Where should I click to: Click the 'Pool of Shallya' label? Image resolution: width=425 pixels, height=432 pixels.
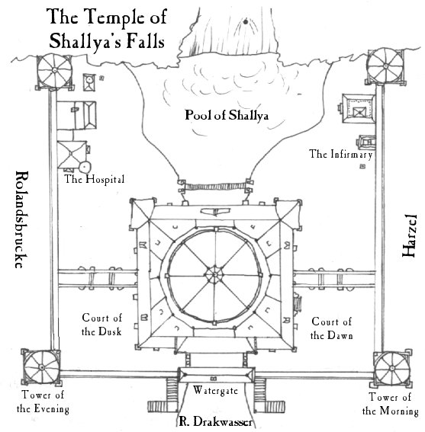click(x=227, y=115)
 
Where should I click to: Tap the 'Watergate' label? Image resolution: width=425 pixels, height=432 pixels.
click(x=215, y=390)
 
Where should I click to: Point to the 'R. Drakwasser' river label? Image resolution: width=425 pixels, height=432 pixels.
click(x=216, y=422)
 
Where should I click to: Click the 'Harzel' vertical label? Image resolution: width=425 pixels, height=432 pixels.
click(x=409, y=235)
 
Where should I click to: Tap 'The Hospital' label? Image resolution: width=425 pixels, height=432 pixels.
click(x=95, y=179)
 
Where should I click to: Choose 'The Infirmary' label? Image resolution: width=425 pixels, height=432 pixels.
click(x=341, y=154)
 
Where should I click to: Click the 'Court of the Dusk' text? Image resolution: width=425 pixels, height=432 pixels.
click(x=101, y=325)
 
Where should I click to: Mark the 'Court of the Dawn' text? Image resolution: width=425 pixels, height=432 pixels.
click(x=331, y=328)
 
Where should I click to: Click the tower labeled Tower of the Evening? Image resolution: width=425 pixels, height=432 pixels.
click(x=42, y=367)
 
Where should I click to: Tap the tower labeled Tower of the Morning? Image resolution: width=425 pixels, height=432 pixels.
click(x=392, y=368)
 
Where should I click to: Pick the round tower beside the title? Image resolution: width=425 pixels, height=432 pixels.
click(x=55, y=71)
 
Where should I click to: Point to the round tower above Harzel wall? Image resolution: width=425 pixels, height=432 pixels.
click(x=385, y=66)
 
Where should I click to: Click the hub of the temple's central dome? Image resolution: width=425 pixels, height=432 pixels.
click(x=214, y=275)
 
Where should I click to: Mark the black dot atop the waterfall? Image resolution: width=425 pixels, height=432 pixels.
click(x=245, y=21)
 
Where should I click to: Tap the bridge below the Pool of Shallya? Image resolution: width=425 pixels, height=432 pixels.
click(x=215, y=187)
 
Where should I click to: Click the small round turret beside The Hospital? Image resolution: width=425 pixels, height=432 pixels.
click(x=85, y=167)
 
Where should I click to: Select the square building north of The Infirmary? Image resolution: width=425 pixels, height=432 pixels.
click(x=358, y=108)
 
